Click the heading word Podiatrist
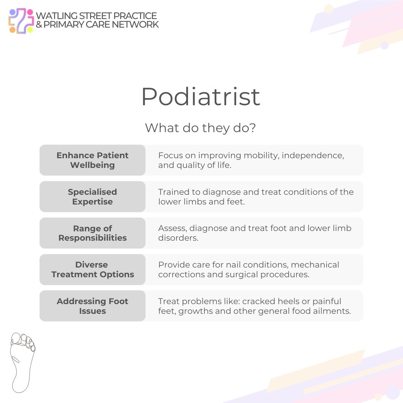pos(200,97)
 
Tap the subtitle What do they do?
pos(200,128)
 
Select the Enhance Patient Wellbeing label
pos(93,160)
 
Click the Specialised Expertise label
pos(93,197)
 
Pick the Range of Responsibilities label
pos(93,233)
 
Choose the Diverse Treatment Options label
pos(93,269)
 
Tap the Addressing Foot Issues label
pos(93,306)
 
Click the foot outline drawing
pos(22,362)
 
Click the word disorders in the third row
pos(178,238)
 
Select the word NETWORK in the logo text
pos(138,25)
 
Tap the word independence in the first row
pos(313,155)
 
